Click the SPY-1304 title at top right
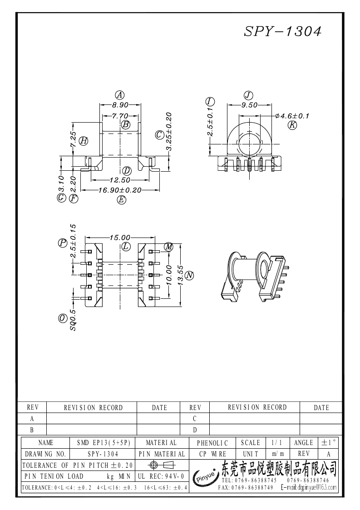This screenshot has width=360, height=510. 283,31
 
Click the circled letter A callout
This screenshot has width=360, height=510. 120,95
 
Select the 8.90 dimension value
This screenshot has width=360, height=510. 120,104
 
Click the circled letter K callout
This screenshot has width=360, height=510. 292,125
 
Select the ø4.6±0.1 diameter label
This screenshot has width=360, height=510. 292,116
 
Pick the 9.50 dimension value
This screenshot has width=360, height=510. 249,105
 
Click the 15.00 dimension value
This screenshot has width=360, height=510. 120,237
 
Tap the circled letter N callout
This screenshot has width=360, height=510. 189,275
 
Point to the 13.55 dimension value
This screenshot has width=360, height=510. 180,276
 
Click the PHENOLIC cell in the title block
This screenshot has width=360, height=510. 212,443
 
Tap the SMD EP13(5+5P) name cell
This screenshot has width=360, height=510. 104,443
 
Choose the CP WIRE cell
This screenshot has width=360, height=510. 212,454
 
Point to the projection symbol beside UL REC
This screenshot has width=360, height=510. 163,465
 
